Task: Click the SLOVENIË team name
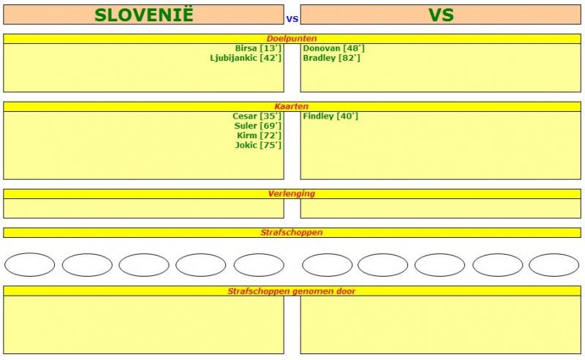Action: click(x=143, y=14)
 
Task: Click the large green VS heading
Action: click(x=441, y=15)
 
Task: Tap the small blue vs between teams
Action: click(x=292, y=19)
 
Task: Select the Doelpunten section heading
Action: click(x=292, y=39)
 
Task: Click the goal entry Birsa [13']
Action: click(x=258, y=48)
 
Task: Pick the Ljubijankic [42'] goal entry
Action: click(x=246, y=58)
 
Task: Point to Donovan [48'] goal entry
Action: click(x=333, y=48)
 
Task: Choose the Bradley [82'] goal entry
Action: click(x=331, y=58)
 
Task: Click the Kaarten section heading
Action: click(x=292, y=106)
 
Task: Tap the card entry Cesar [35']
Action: click(x=257, y=116)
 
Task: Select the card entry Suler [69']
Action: click(x=258, y=126)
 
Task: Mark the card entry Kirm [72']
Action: click(x=259, y=135)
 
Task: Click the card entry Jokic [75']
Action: click(x=258, y=146)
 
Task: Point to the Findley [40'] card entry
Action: click(x=331, y=116)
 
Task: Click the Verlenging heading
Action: click(x=292, y=194)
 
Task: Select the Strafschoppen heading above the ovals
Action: click(x=292, y=233)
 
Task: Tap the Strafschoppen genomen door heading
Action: click(x=292, y=291)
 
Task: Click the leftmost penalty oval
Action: click(x=29, y=265)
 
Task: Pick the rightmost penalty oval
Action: click(x=554, y=265)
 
